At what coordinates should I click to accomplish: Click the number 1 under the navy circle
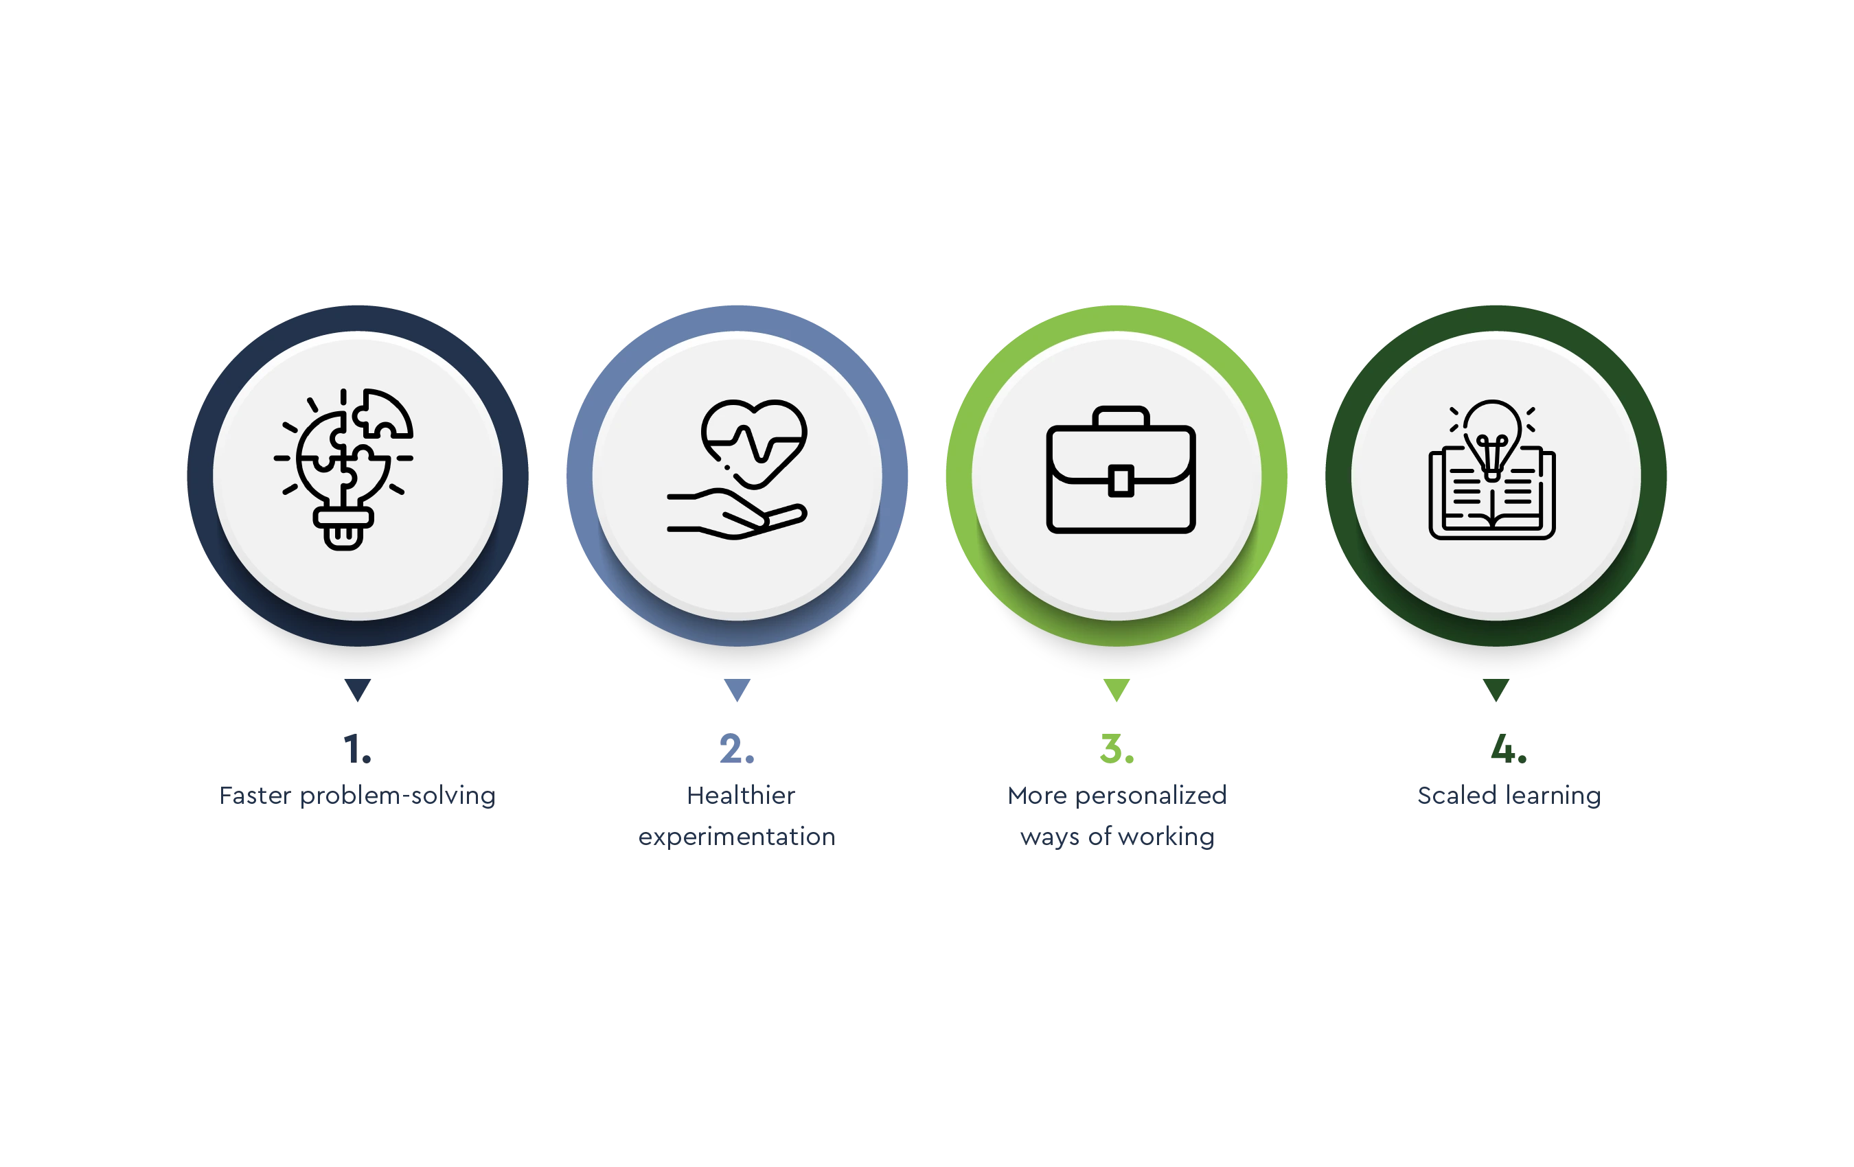tap(356, 747)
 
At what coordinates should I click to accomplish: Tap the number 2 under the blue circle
tap(737, 747)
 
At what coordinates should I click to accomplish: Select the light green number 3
tap(1117, 747)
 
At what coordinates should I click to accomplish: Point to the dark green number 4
tap(1506, 747)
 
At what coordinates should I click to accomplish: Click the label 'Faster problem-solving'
tap(356, 797)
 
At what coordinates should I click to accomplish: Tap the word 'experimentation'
tap(736, 836)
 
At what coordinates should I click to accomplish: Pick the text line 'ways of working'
tap(1116, 836)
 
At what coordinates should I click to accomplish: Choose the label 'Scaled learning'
tap(1510, 797)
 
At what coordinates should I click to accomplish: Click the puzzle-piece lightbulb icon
tap(343, 470)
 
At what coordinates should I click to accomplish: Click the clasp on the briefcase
tap(1120, 481)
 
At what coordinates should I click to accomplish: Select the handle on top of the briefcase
tap(1120, 416)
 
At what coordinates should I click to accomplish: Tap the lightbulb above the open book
tap(1492, 435)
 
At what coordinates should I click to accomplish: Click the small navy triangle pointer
tap(357, 690)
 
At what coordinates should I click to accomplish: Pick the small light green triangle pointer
tap(1117, 690)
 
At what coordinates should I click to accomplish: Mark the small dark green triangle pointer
tap(1496, 690)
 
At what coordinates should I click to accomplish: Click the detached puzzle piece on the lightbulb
tap(385, 413)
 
